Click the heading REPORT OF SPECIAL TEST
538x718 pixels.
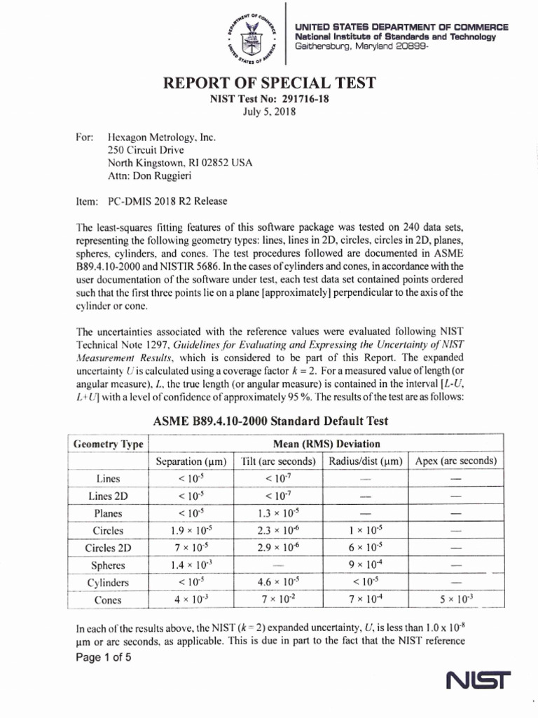[270, 83]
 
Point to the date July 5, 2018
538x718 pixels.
[270, 112]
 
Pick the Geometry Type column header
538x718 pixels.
[109, 444]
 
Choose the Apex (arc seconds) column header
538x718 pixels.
[456, 461]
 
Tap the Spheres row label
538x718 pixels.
[109, 565]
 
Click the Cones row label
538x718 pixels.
[109, 600]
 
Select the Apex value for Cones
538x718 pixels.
[456, 600]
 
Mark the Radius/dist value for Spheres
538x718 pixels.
[364, 565]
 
